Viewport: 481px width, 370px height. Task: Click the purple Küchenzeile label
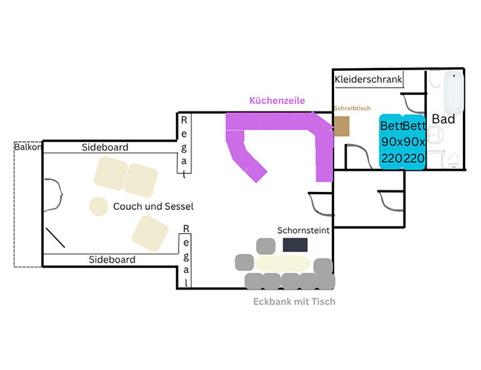[x=277, y=101]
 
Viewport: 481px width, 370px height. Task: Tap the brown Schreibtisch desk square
[x=341, y=126]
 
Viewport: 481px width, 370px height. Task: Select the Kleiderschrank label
[x=368, y=79]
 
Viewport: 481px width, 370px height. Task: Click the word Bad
[x=443, y=119]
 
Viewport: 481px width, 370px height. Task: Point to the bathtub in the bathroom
[x=454, y=91]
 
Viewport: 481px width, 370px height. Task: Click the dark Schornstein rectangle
[x=295, y=245]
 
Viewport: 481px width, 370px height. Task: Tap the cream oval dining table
[x=282, y=264]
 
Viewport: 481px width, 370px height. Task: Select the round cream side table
[x=98, y=206]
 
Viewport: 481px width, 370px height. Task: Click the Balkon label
[x=27, y=147]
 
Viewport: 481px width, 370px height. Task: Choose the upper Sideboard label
[x=105, y=148]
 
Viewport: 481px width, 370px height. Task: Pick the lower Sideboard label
[x=112, y=260]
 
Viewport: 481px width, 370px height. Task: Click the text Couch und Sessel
[x=153, y=206]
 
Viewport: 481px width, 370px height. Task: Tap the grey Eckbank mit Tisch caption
[x=294, y=301]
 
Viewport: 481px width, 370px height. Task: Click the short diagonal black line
[x=55, y=237]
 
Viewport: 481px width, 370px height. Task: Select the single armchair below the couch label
[x=150, y=233]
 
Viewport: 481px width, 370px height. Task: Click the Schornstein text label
[x=303, y=230]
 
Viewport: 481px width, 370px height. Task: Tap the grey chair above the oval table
[x=265, y=246]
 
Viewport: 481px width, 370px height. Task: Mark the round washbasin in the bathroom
[x=435, y=135]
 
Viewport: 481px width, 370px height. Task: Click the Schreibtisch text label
[x=352, y=108]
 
